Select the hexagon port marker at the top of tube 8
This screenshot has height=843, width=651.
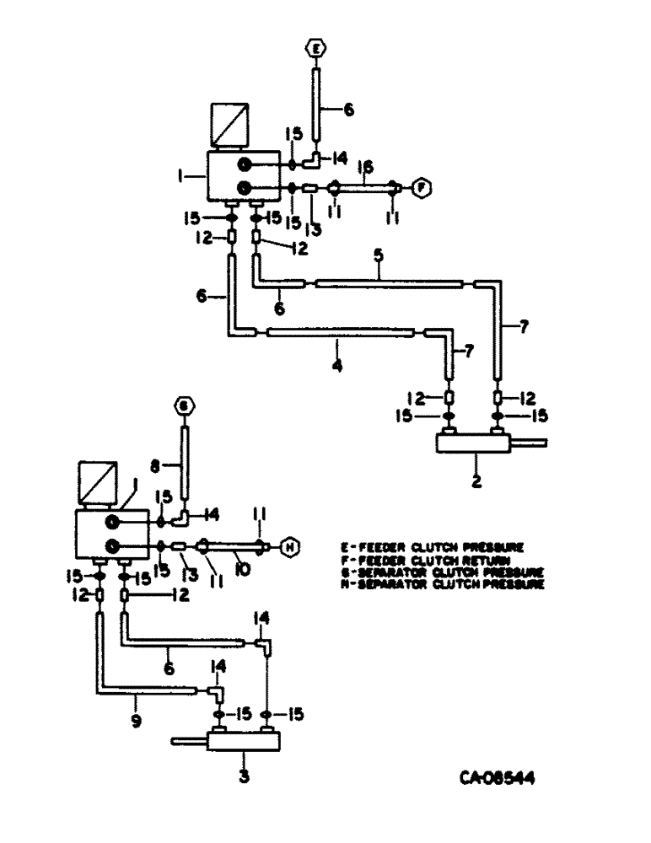pos(183,407)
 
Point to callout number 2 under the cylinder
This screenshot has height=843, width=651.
pos(477,483)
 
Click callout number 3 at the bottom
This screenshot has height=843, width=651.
pos(244,776)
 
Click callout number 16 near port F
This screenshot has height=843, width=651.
pos(365,169)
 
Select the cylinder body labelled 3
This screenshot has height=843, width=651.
pos(242,742)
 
